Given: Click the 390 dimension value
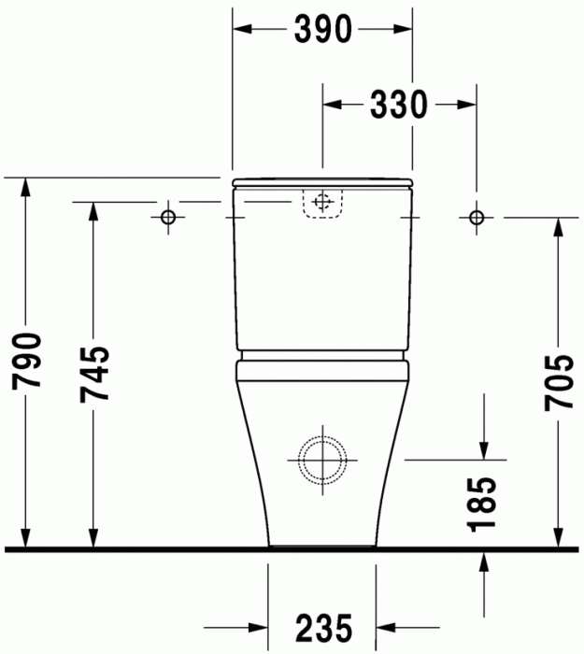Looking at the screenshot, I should click(322, 30).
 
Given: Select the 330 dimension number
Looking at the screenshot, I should click(399, 105).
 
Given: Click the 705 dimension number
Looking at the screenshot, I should click(559, 382).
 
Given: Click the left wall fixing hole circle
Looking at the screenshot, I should click(168, 217).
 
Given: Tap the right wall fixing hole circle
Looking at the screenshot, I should click(477, 217).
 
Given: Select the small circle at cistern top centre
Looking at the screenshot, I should click(323, 201).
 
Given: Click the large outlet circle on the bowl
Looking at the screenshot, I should click(323, 459).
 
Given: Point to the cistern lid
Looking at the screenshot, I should click(322, 180).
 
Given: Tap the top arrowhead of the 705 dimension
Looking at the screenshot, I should click(559, 225).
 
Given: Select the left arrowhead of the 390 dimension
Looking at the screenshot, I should click(241, 30).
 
